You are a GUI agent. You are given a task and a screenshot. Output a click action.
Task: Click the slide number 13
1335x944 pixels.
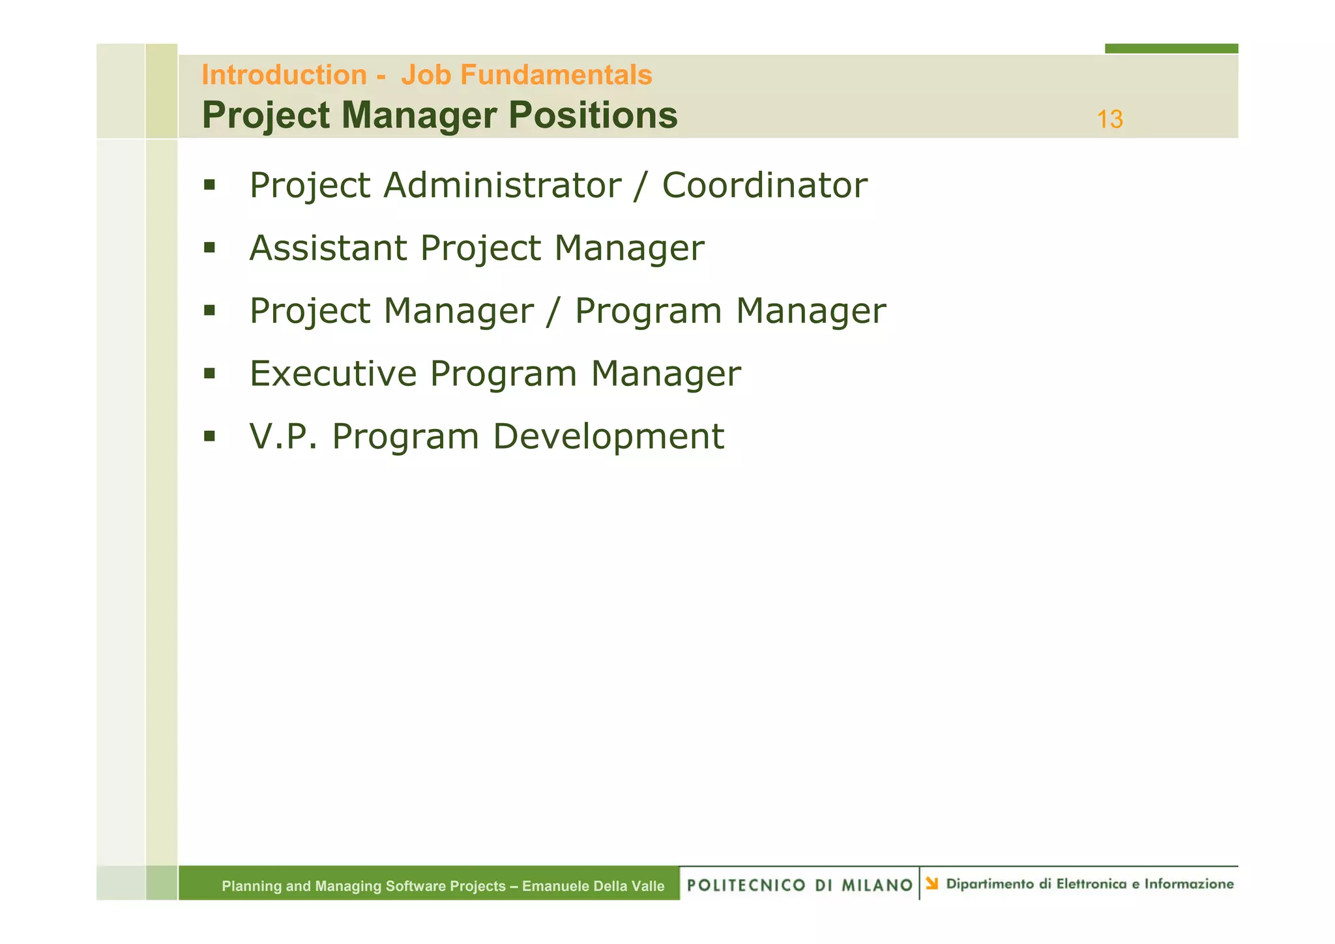1109,119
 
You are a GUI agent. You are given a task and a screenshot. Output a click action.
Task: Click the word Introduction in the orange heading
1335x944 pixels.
284,75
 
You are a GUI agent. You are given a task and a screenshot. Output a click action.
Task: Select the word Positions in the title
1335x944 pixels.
593,115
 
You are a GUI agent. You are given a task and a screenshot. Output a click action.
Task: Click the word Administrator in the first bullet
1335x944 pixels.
502,185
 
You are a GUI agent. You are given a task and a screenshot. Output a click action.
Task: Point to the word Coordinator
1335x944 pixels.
764,185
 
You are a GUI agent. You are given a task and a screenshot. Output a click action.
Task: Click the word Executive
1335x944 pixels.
333,374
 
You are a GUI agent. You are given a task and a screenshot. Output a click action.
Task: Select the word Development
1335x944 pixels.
608,436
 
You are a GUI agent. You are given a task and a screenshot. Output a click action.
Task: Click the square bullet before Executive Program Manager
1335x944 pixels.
209,374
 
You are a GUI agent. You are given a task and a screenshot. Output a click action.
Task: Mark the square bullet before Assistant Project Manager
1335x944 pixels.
209,248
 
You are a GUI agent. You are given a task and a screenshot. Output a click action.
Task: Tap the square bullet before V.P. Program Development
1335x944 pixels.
209,436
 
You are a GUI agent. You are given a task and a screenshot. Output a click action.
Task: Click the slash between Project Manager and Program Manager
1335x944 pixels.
553,311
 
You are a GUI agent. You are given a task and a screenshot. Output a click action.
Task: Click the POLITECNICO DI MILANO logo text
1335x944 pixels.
800,885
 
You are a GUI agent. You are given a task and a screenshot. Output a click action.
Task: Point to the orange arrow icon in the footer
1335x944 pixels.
932,883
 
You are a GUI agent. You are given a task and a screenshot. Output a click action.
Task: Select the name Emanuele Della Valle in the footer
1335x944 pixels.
593,886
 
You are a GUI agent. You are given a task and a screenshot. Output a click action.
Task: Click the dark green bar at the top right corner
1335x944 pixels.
1171,48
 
